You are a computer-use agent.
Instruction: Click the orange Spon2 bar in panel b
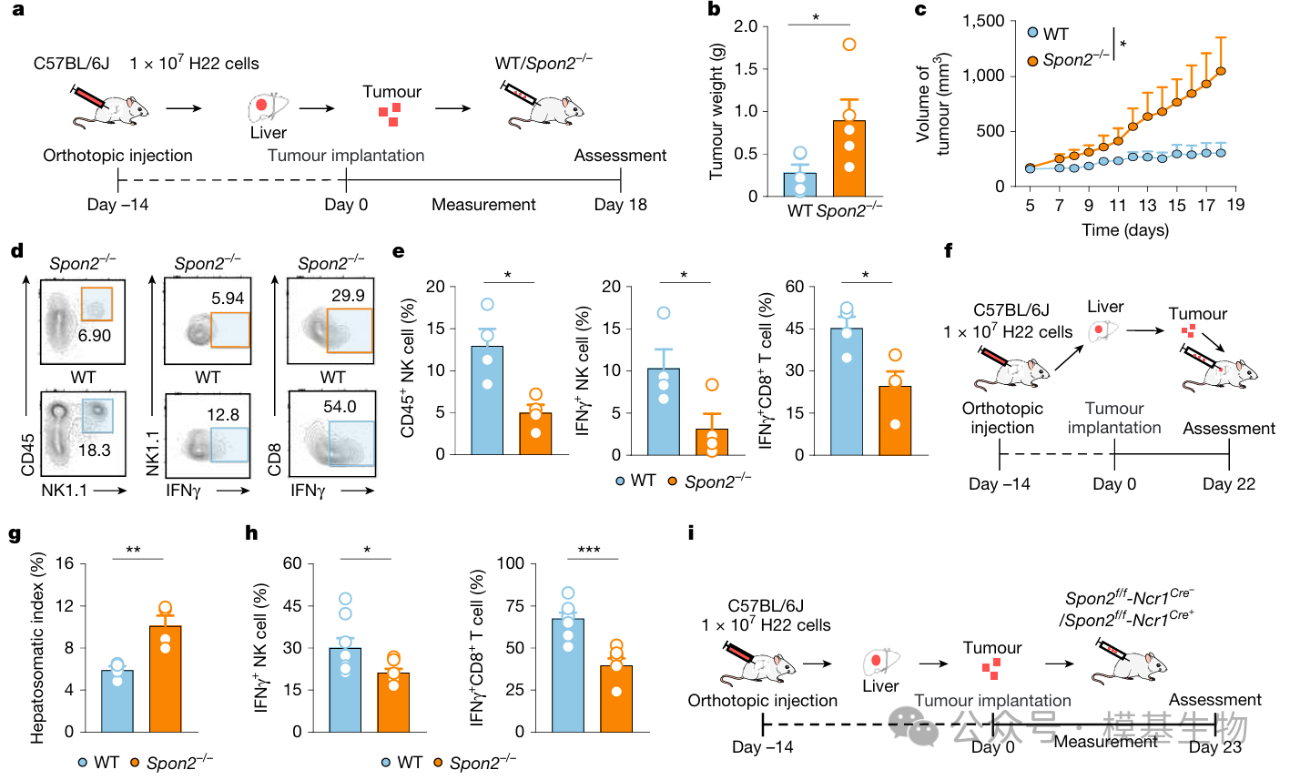pos(848,159)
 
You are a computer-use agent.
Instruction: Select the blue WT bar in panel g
pos(117,701)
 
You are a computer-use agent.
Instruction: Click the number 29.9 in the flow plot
pos(348,296)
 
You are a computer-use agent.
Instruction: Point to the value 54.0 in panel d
pos(340,407)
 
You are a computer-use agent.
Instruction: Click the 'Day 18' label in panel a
pos(620,205)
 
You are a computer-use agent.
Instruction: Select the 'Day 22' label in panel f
pos(1228,484)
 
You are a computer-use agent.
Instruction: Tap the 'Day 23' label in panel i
pos(1214,747)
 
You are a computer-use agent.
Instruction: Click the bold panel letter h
pos(252,533)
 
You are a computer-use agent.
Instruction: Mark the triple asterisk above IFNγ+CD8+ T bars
pos(589,550)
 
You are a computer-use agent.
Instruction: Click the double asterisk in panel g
pos(133,550)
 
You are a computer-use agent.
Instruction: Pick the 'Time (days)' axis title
pos(1125,230)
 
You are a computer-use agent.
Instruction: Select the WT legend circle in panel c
pos(1031,34)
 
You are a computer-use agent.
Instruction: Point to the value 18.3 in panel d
pos(94,451)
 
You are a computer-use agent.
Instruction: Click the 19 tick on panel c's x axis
pos(1234,205)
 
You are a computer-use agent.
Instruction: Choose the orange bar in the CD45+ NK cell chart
pos(535,433)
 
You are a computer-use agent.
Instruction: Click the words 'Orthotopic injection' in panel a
pos(117,156)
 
